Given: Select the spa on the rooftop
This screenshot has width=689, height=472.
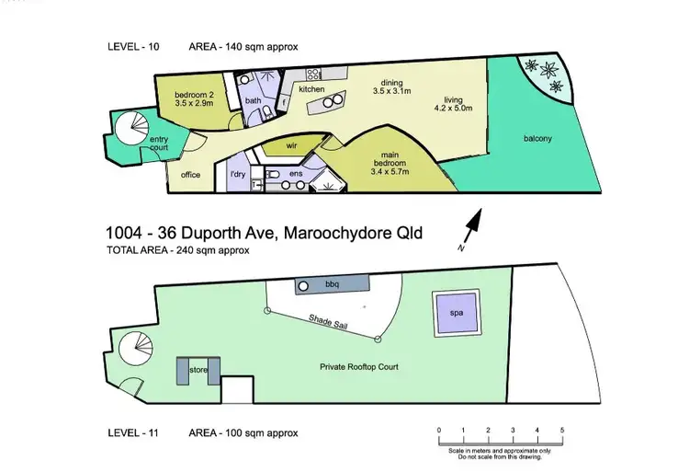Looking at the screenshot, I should pos(457,313).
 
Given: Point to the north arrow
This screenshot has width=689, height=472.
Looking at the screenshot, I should pos(472,224).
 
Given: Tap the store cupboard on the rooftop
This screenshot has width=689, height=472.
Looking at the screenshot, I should pos(196,370).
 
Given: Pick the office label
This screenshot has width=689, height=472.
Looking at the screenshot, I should pos(190,175).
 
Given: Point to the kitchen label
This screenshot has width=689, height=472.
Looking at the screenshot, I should pos(311,90).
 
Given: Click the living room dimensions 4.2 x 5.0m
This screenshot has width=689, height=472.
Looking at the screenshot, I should pos(453,108).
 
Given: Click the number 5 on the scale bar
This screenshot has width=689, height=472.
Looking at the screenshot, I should pos(561,431).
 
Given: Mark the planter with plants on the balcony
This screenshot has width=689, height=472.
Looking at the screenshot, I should pos(543,75).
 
